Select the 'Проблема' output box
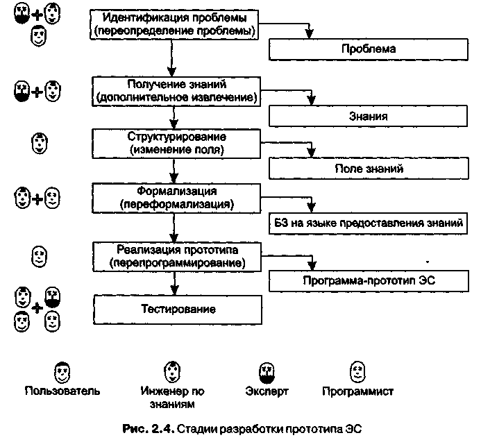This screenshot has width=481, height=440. (368, 49)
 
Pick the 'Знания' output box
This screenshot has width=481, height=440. (368, 116)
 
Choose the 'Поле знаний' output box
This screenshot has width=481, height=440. (368, 169)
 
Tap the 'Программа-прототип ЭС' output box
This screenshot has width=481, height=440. (368, 281)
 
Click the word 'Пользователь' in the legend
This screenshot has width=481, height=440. (62, 390)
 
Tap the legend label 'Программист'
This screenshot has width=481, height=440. (358, 390)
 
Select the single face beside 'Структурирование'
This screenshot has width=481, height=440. (40, 143)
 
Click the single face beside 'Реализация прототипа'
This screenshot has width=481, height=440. (40, 256)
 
